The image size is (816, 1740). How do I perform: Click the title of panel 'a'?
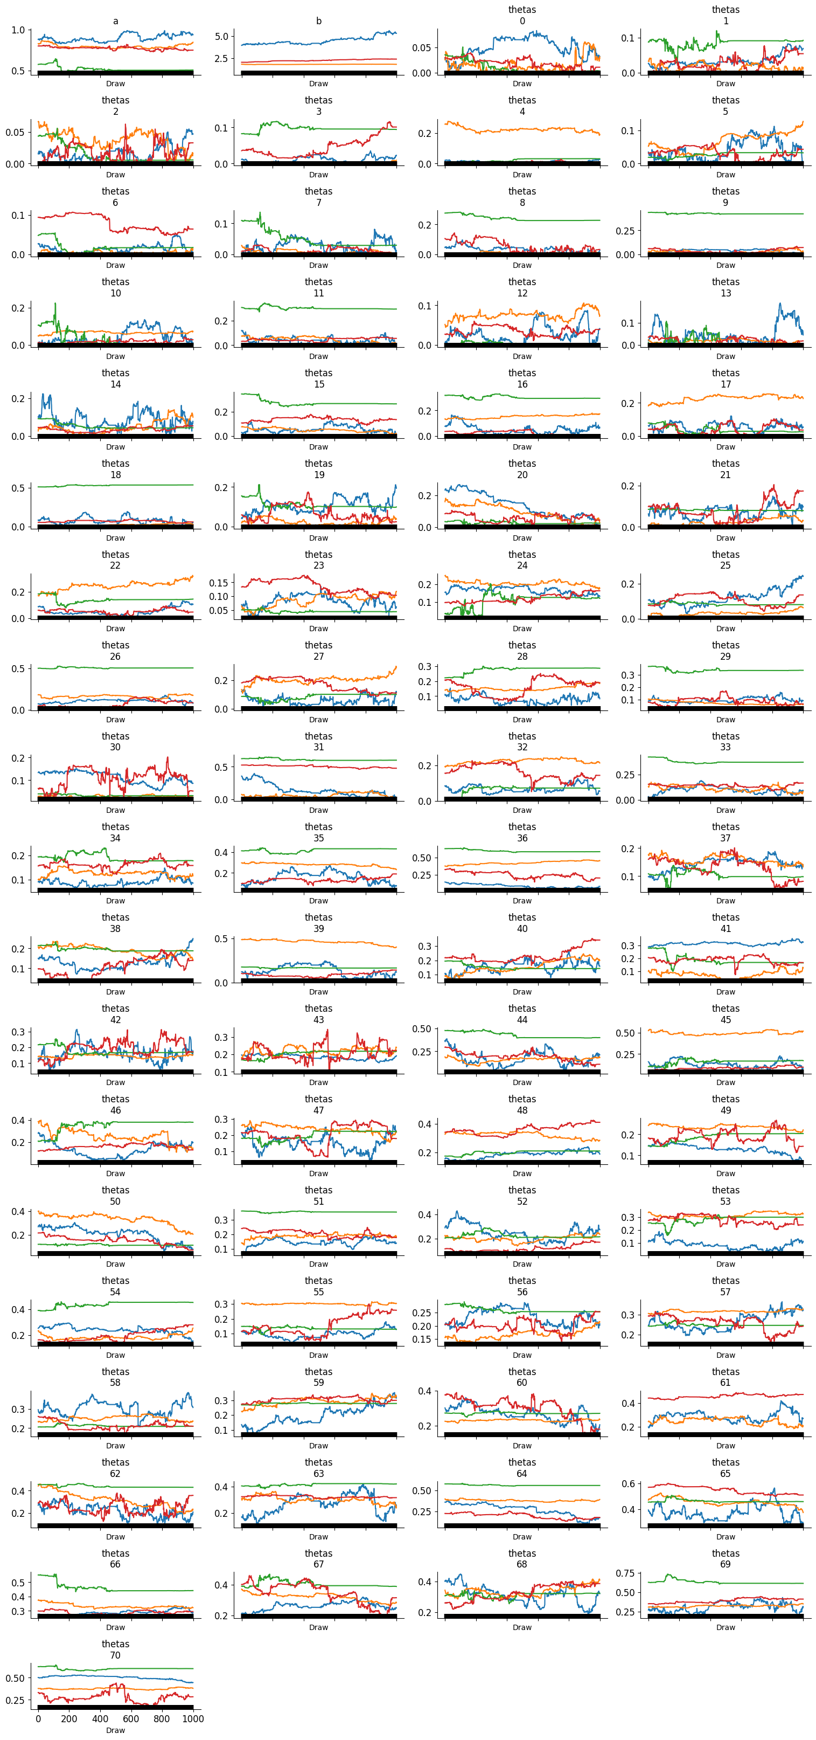[x=115, y=21]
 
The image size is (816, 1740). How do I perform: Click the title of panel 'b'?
[x=318, y=21]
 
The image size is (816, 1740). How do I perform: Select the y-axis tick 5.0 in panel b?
[x=221, y=37]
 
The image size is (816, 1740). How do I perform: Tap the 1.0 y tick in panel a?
[x=18, y=30]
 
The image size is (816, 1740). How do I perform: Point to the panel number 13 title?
[x=726, y=293]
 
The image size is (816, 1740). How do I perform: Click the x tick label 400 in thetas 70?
[x=100, y=1719]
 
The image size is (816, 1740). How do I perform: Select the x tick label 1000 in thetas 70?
[x=193, y=1719]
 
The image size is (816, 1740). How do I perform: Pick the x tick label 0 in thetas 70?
[x=38, y=1719]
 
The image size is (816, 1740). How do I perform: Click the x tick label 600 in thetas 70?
[x=131, y=1719]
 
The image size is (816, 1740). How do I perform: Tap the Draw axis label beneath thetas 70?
[x=115, y=1730]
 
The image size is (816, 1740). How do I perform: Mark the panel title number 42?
[x=115, y=1020]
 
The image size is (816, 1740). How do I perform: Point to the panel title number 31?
[x=318, y=747]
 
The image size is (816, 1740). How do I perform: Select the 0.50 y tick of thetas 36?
[x=421, y=858]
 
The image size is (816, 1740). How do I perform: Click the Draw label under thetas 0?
[x=522, y=84]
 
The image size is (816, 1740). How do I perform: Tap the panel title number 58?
[x=115, y=1383]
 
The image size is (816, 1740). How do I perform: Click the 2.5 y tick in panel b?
[x=221, y=59]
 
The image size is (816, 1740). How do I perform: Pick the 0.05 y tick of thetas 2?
[x=15, y=133]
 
